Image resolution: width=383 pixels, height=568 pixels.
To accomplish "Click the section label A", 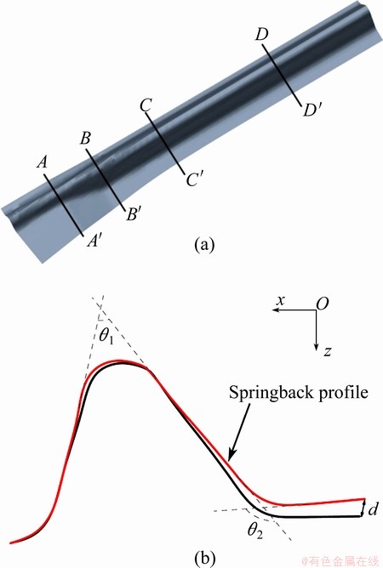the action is (43, 162).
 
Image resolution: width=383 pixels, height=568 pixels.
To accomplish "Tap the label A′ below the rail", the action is (94, 241).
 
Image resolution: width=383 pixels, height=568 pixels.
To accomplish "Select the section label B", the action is (86, 139).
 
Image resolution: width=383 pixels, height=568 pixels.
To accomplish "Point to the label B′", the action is (132, 214).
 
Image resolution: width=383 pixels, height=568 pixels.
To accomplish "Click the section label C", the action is (146, 105).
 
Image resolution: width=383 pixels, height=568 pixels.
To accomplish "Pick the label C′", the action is (194, 179).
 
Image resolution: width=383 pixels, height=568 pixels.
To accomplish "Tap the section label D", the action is (261, 34).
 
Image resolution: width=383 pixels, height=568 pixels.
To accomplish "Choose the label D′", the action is (312, 111).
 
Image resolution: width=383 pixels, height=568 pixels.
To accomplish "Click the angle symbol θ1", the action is (106, 336).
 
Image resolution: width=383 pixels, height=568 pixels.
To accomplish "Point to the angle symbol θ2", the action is (255, 531).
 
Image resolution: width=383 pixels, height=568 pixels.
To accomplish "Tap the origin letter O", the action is (322, 304).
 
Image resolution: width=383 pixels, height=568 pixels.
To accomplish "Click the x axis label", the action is (280, 301).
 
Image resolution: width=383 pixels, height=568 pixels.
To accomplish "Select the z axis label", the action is (328, 350).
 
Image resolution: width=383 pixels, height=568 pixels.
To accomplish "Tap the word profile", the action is (344, 394).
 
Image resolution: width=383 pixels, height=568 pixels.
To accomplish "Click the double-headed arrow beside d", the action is (363, 508).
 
